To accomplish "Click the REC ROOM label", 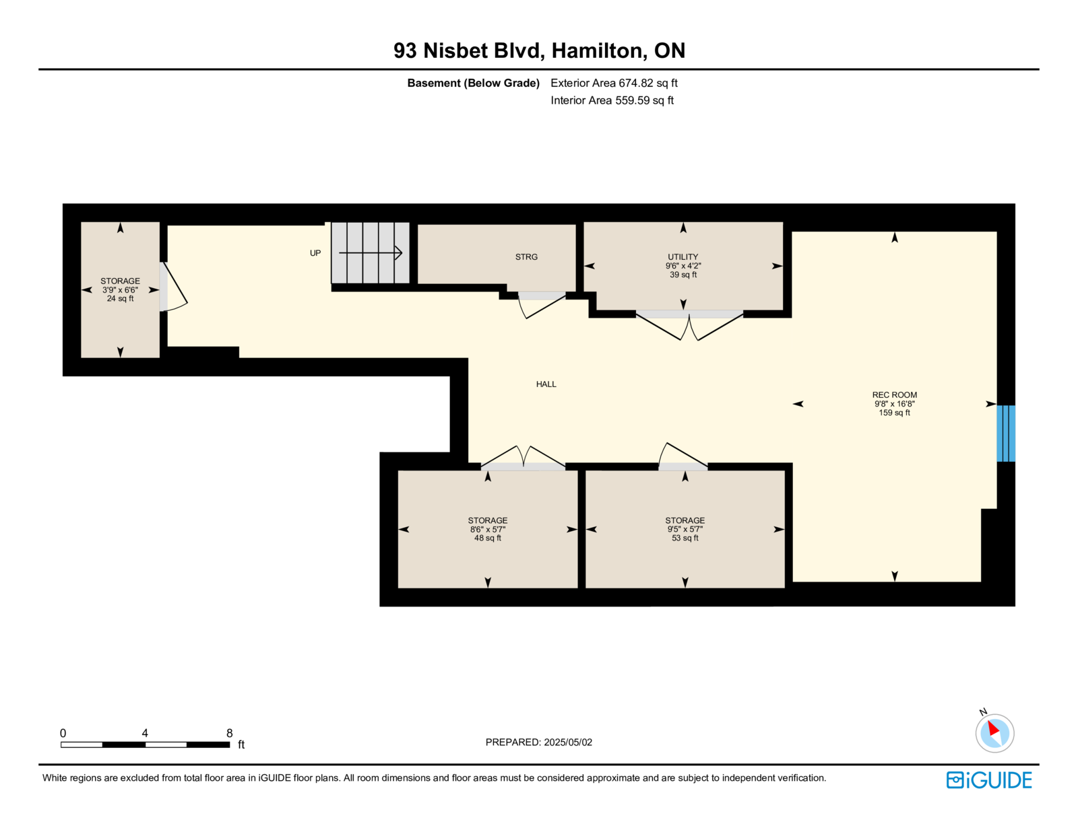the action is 894,395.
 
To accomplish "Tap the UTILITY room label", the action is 683,256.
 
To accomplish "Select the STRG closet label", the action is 526,256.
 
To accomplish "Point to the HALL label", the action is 546,384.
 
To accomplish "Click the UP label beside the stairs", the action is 315,253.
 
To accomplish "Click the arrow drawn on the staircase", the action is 371,252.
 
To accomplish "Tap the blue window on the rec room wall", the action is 1005,433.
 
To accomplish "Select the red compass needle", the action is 992,728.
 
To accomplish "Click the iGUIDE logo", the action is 988,780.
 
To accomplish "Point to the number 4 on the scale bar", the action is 145,733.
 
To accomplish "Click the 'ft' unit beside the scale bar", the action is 241,744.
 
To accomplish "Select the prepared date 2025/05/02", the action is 568,742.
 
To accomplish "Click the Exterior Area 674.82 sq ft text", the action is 614,83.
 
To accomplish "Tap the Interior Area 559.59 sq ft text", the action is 612,100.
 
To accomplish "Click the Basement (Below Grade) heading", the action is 473,83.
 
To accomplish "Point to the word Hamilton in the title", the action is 599,50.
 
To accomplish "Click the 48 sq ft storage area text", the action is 487,538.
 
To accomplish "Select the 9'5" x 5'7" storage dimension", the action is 685,529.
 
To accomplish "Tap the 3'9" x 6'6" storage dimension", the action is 120,290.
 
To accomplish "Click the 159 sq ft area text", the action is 894,413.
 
